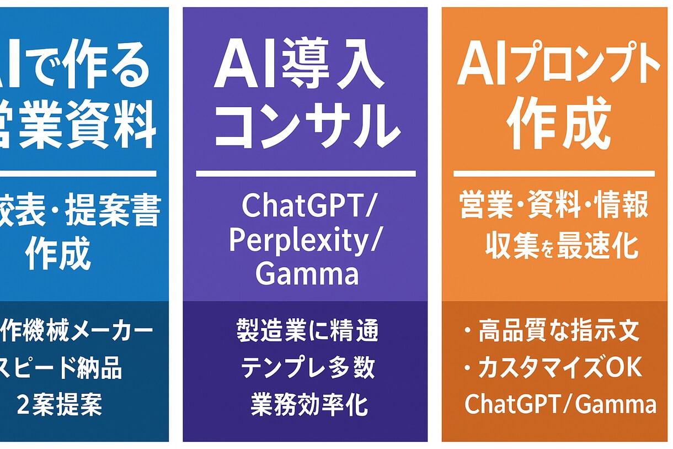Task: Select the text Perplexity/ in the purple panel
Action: [305, 241]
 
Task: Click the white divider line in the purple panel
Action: [306, 173]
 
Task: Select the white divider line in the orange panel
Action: [554, 173]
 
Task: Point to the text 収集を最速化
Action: [562, 247]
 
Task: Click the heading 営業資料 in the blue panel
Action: [77, 126]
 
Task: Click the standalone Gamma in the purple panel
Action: [307, 274]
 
